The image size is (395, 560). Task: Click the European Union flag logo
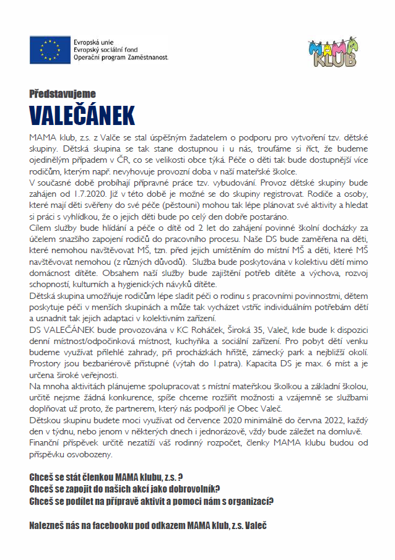coord(49,50)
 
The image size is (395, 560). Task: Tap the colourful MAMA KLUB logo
coord(332,51)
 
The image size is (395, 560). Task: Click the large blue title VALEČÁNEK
coord(82,116)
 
